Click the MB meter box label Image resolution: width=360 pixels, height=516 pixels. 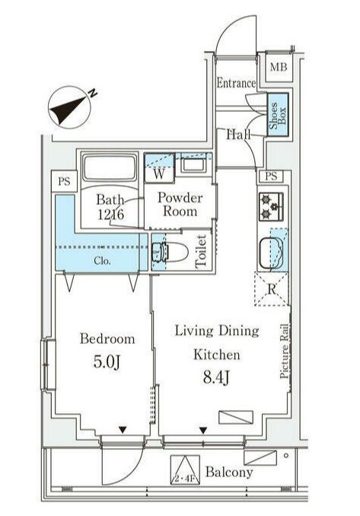[x=279, y=68]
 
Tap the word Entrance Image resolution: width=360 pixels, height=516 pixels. [x=236, y=83]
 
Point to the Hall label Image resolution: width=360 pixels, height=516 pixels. [x=238, y=134]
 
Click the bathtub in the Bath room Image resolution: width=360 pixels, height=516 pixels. [x=110, y=167]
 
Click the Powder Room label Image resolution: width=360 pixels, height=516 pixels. [x=180, y=204]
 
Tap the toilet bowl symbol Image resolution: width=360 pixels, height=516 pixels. [x=170, y=253]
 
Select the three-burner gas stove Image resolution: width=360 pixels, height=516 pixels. [x=271, y=206]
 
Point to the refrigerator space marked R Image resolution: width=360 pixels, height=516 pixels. [x=272, y=289]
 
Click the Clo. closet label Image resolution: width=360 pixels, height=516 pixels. [x=102, y=261]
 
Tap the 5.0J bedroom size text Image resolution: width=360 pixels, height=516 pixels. [x=107, y=362]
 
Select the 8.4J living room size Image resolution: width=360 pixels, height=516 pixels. [x=216, y=377]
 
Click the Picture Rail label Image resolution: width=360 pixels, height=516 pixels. [x=285, y=351]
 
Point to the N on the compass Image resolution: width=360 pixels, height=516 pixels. [x=93, y=93]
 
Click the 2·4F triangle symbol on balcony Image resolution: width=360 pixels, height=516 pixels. [x=185, y=470]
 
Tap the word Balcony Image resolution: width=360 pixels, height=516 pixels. [x=229, y=472]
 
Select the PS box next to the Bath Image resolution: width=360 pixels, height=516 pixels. [x=64, y=181]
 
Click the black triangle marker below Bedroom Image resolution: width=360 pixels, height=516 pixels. [x=123, y=429]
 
